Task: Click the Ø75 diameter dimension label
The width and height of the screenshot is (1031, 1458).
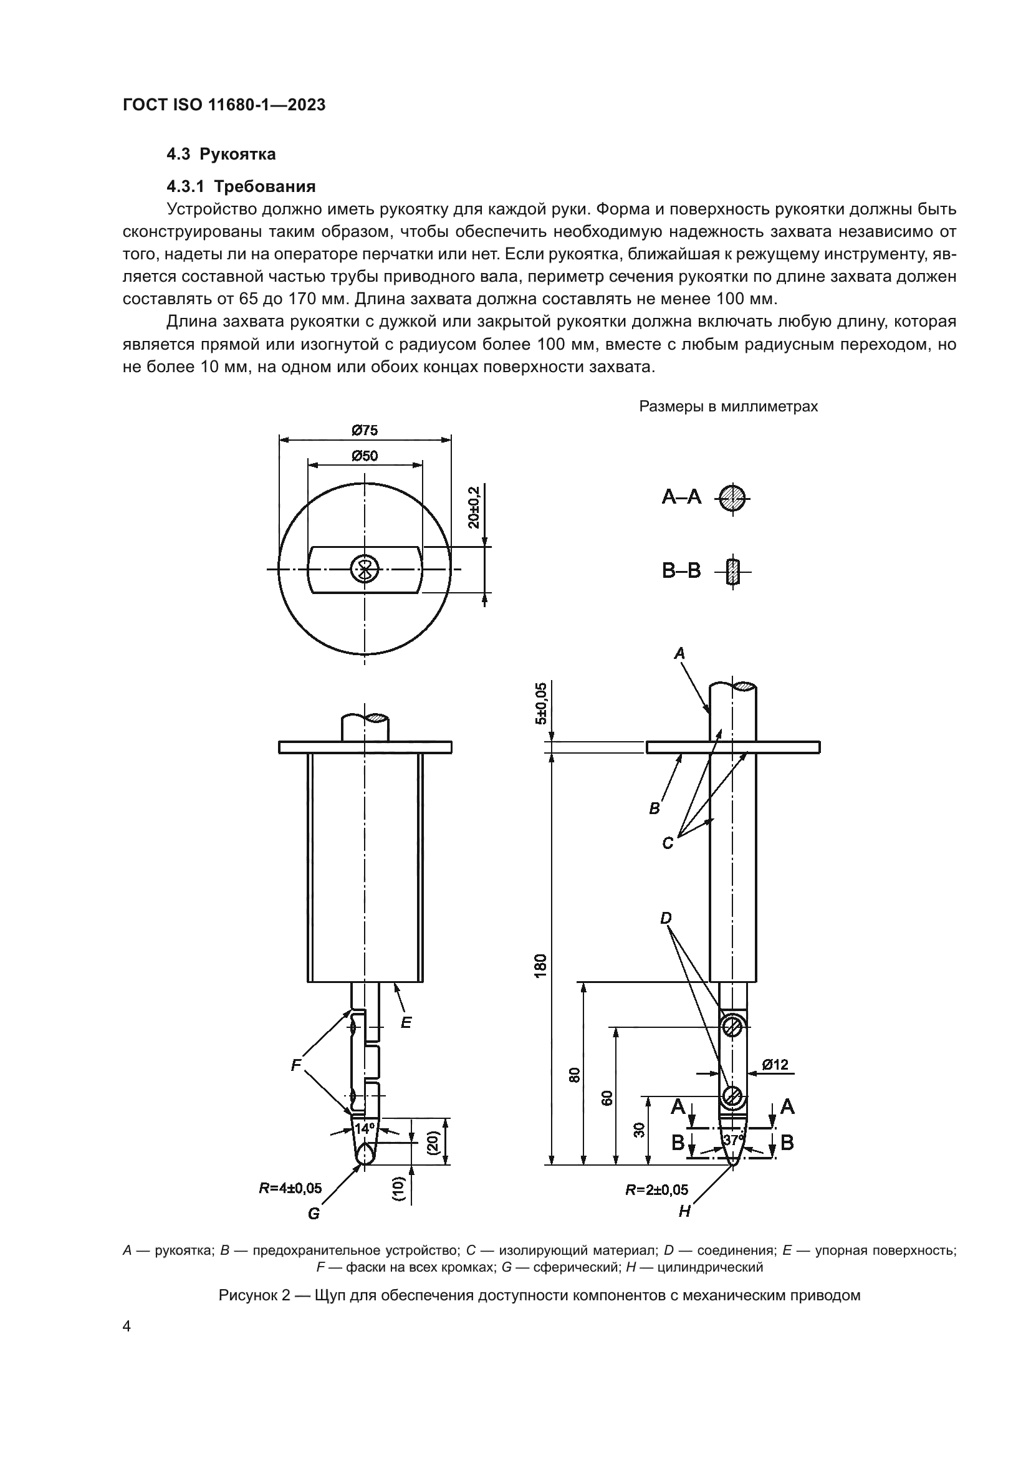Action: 365,431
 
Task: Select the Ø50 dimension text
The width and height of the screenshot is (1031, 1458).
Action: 365,456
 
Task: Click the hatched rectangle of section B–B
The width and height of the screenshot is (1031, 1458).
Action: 733,571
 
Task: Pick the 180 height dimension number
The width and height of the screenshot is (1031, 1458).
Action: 540,966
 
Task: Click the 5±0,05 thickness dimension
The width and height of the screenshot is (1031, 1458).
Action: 540,703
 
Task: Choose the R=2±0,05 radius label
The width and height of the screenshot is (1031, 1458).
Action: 656,1190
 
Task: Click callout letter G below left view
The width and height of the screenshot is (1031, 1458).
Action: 314,1214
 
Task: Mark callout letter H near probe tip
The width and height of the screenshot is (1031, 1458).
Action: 684,1212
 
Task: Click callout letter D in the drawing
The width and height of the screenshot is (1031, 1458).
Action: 666,918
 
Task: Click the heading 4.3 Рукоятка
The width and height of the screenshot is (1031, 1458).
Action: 221,155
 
